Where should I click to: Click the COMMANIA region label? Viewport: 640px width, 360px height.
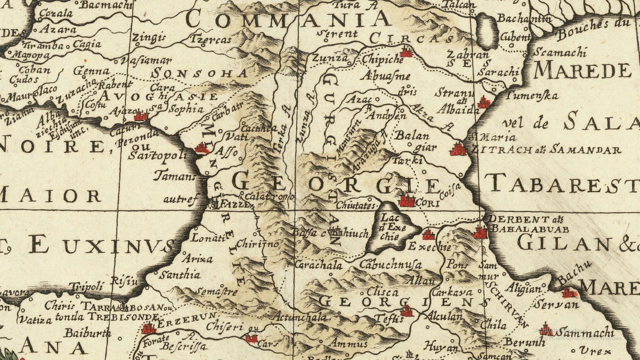pyautogui.click(x=288, y=19)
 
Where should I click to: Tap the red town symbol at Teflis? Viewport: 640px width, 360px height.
pyautogui.click(x=407, y=312)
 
